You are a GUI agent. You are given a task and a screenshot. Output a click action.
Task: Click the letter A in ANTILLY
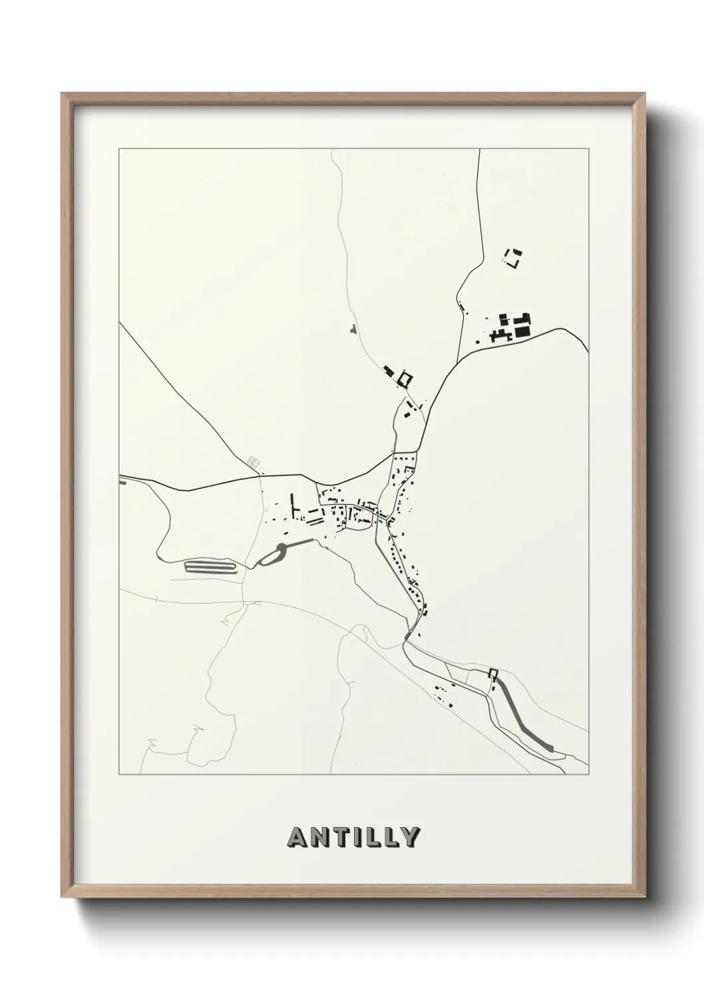pos(296,838)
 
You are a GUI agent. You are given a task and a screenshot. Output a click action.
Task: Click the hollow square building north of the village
pos(405,379)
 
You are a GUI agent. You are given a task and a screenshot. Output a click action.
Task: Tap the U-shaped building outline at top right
pos(514,258)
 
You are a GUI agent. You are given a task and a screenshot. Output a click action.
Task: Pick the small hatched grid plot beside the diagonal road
pos(252,461)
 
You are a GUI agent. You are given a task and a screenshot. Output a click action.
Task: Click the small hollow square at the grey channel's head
pos(492,673)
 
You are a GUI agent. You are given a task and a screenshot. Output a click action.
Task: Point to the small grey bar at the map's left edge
pos(122,482)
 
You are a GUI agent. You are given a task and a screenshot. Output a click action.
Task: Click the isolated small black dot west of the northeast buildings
pos(478,342)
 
